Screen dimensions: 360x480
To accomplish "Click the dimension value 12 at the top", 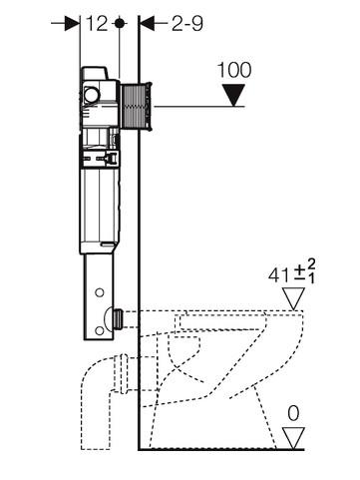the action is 97,24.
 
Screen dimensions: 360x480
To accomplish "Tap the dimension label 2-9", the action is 187,24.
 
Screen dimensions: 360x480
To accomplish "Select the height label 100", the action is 234,70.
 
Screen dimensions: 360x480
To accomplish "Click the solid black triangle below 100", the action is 234,95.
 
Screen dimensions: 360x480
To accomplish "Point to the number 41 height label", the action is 278,275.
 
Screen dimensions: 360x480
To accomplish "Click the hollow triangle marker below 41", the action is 293,298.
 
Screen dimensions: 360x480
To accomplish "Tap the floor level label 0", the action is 293,414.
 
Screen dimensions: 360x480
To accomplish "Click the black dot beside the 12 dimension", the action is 119,24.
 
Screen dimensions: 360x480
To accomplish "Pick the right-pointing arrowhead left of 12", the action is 72,23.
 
